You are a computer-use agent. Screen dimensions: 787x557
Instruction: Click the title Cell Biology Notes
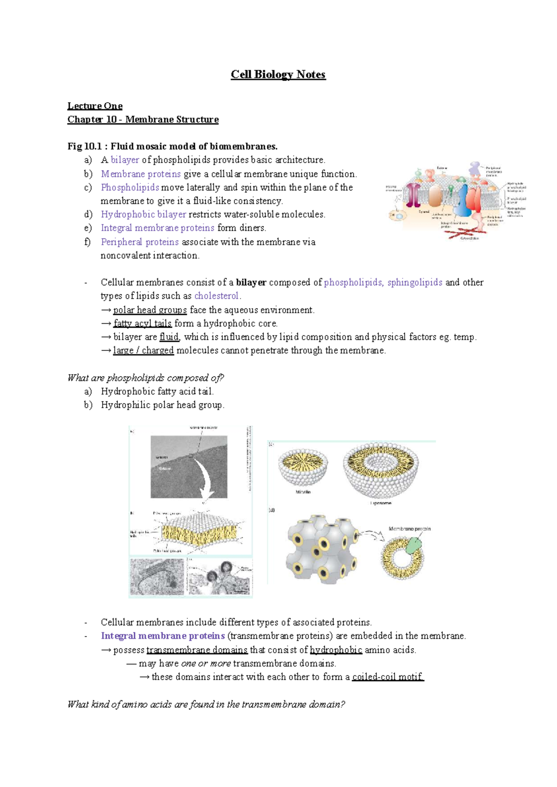(x=278, y=75)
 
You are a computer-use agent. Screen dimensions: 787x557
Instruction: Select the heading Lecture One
(x=95, y=106)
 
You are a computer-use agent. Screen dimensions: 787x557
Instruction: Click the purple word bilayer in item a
(x=125, y=160)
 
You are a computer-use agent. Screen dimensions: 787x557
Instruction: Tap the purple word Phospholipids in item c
(x=130, y=187)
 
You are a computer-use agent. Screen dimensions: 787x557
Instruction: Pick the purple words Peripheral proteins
(x=140, y=242)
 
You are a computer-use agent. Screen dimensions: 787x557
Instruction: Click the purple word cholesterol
(x=216, y=296)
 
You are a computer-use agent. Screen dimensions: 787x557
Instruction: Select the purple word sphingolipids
(x=415, y=282)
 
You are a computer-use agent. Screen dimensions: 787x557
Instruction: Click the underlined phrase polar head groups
(x=150, y=310)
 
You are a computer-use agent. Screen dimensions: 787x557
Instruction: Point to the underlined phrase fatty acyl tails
(x=142, y=323)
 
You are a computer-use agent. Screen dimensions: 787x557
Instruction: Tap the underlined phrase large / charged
(x=143, y=350)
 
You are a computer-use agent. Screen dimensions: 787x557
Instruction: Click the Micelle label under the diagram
(x=303, y=492)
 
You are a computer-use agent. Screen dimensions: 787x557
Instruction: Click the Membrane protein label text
(x=409, y=529)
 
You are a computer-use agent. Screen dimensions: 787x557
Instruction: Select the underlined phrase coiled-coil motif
(x=388, y=677)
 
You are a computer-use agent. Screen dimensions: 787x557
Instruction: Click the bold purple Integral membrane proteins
(x=162, y=636)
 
